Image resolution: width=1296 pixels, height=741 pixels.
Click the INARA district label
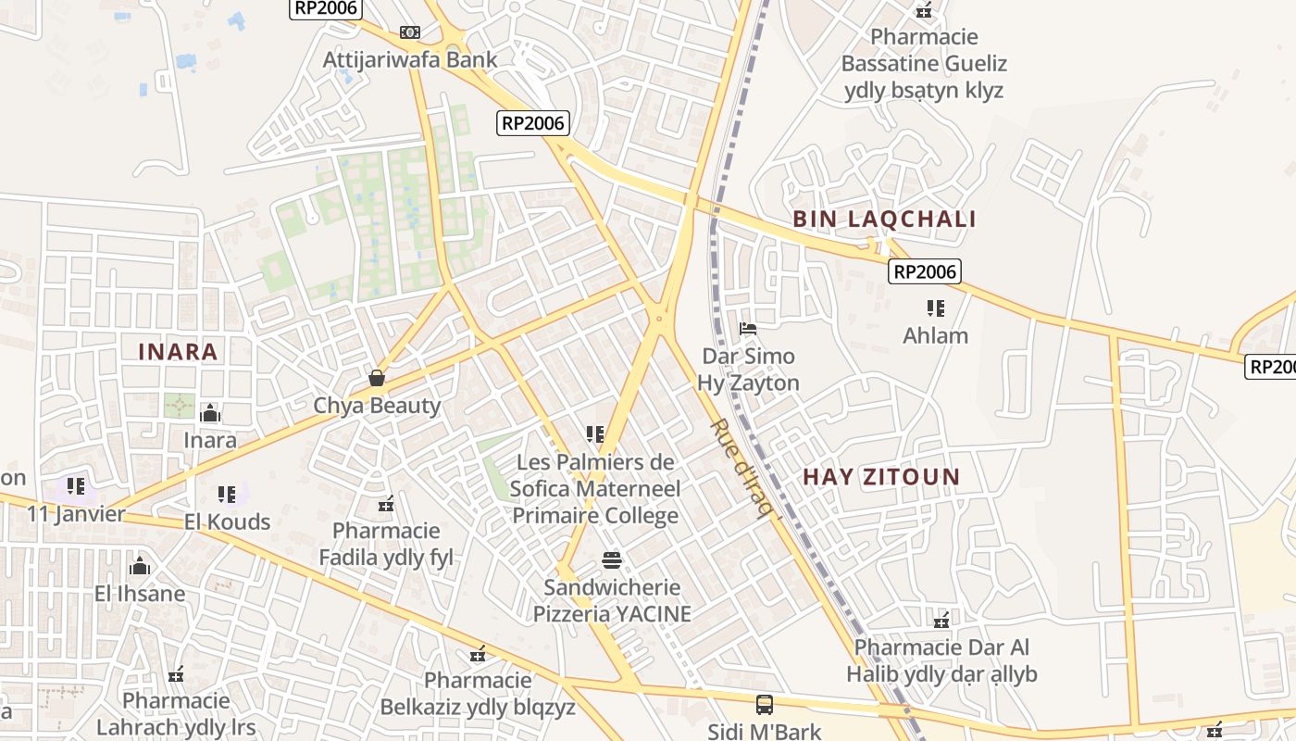click(178, 352)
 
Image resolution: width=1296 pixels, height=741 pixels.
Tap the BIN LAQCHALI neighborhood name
click(884, 220)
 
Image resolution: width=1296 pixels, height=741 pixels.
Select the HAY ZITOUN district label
click(880, 477)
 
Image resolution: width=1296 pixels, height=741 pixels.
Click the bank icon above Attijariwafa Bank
click(409, 32)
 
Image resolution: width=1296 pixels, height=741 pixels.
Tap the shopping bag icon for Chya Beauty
click(377, 378)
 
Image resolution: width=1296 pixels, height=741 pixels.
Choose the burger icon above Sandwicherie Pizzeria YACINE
click(611, 559)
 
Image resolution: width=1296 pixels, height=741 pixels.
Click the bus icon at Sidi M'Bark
click(764, 705)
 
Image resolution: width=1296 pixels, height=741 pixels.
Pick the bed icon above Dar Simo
click(748, 328)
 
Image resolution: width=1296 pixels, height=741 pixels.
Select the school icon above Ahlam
click(935, 308)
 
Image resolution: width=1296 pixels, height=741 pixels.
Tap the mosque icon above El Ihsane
click(140, 566)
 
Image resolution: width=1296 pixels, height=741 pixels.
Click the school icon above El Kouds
click(227, 495)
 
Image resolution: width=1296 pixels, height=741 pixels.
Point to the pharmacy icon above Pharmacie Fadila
click(386, 505)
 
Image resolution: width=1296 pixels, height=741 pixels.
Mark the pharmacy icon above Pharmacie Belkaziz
click(478, 655)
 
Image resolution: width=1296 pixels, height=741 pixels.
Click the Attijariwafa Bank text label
click(410, 60)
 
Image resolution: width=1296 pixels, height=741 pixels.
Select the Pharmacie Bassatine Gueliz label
click(924, 63)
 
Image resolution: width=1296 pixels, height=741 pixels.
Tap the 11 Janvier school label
click(76, 514)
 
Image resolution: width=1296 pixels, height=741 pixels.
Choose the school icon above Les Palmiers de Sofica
click(595, 433)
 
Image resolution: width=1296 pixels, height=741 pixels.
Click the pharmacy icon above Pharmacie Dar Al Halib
click(941, 620)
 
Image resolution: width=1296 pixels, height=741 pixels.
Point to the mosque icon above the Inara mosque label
click(210, 413)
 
